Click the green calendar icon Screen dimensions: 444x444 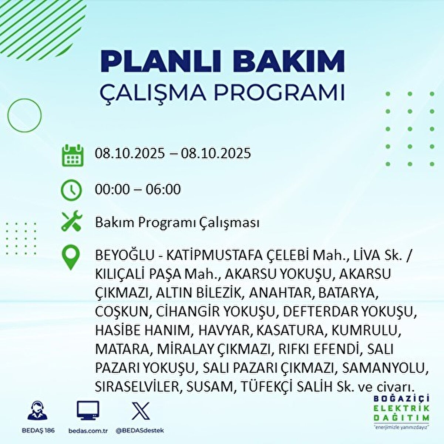click(73, 155)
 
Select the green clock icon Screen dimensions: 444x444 click(71, 191)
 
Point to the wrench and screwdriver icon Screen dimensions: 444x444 click(72, 221)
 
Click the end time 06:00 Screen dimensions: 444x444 click(163, 189)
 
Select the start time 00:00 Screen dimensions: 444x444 click(112, 189)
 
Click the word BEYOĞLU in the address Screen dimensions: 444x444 click(125, 256)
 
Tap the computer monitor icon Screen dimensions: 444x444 click(88, 410)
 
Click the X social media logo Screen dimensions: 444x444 click(140, 411)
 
